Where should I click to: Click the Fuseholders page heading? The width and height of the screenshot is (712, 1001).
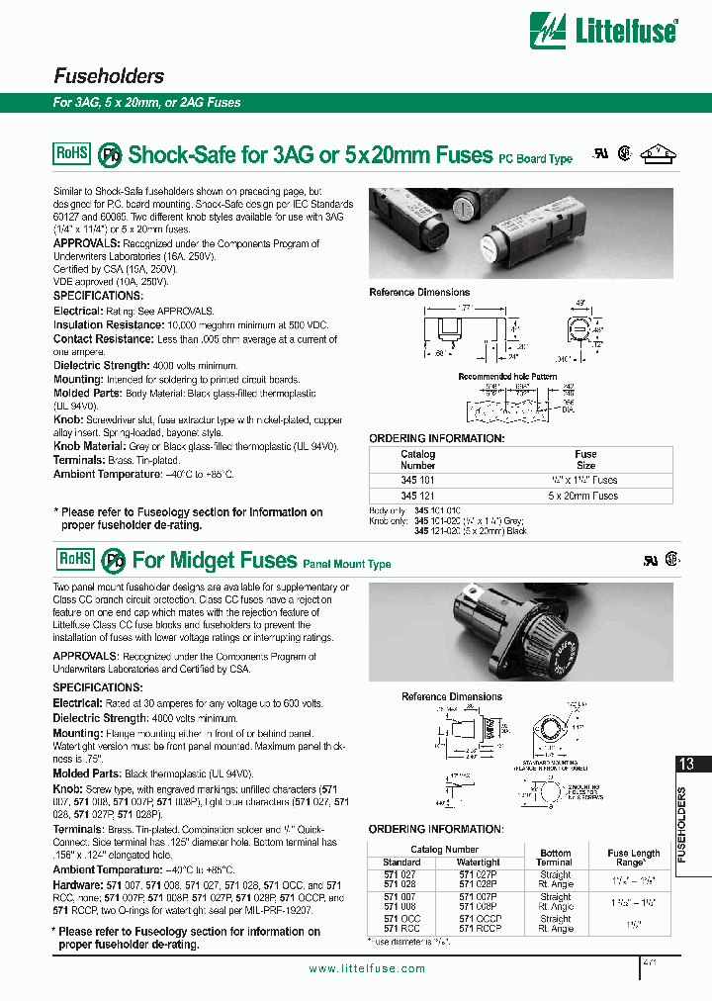point(109,76)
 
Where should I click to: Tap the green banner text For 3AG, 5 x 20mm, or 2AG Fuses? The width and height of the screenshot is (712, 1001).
point(146,102)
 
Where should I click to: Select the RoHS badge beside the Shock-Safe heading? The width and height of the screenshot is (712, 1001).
point(71,153)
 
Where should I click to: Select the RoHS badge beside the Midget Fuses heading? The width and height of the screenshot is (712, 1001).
point(71,559)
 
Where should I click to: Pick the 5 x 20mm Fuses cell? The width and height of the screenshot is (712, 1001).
point(585,496)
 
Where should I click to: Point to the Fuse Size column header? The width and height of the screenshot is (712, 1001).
point(585,460)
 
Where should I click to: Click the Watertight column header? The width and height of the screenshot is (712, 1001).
point(480,863)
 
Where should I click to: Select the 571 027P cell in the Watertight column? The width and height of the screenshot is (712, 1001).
point(480,874)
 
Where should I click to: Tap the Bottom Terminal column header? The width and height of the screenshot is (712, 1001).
point(555,858)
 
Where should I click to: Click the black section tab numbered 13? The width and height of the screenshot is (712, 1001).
point(688,764)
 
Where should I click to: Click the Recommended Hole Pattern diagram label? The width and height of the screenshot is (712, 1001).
point(507,377)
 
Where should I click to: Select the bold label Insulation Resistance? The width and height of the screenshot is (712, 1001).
point(108,324)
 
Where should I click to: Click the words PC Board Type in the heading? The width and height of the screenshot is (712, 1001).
point(535,158)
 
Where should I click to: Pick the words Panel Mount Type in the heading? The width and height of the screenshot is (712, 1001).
point(346,564)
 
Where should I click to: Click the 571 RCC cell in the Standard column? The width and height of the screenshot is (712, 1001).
point(401,929)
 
